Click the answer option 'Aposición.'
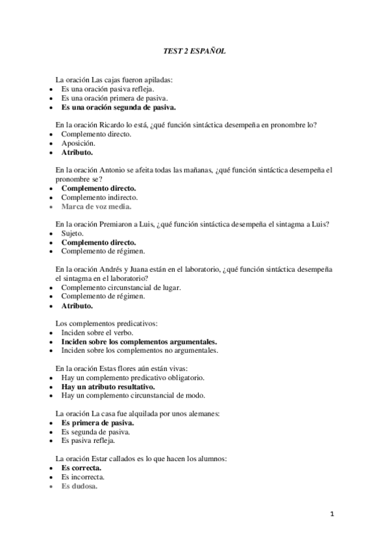(x=78, y=143)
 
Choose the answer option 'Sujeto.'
(x=72, y=233)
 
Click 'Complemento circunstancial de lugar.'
(x=121, y=287)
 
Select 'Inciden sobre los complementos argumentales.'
(x=139, y=341)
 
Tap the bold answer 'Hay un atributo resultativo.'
(x=108, y=386)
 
